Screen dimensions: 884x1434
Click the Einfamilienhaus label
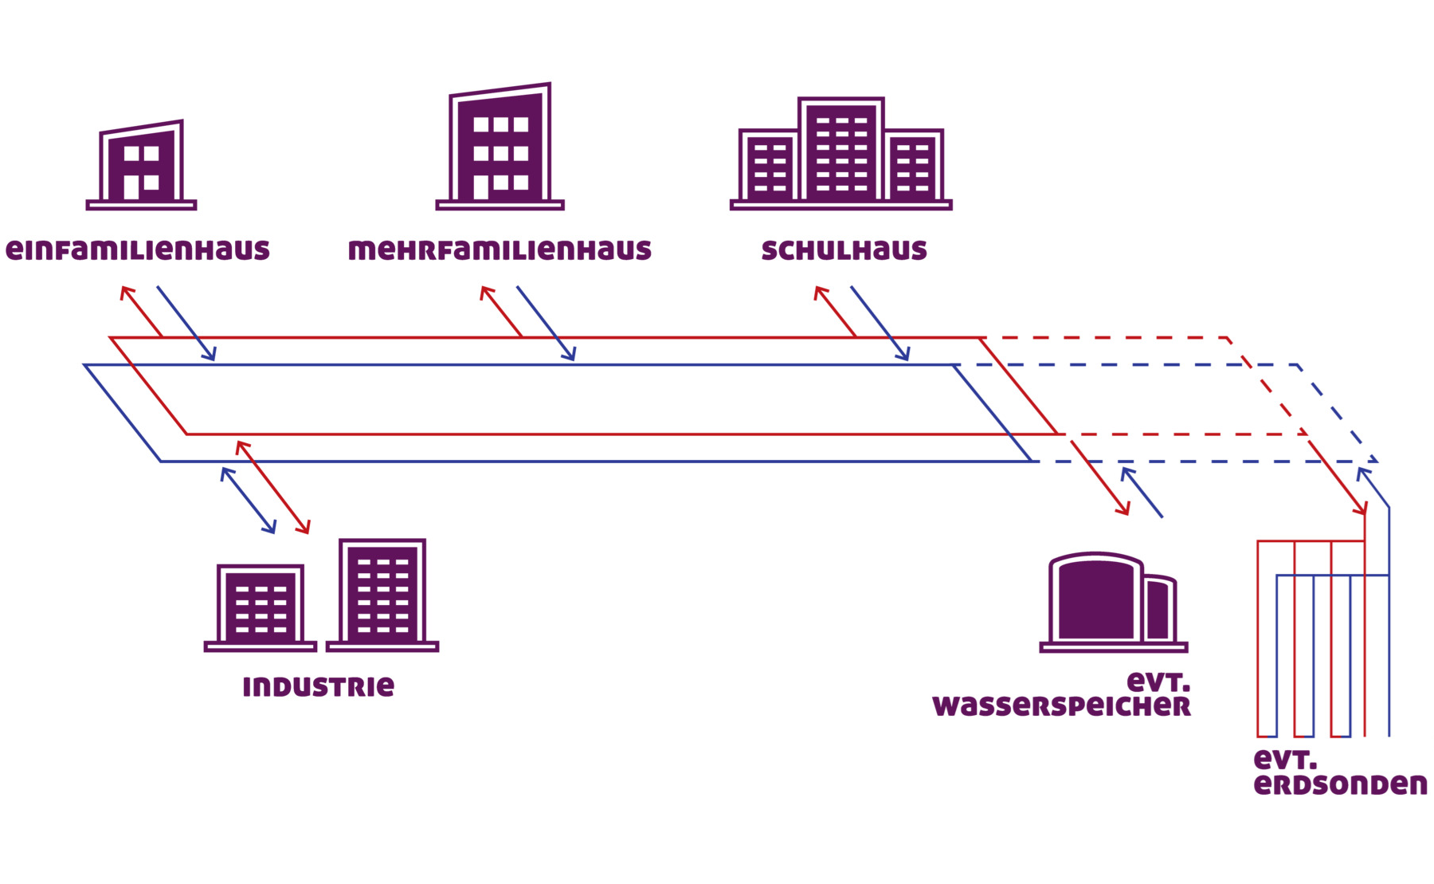click(x=138, y=250)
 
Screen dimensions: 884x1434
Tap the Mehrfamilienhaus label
click(x=500, y=250)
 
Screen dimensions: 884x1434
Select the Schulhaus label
click(x=844, y=250)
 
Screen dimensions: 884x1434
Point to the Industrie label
click(x=318, y=686)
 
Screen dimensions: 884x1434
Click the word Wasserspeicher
click(x=1061, y=706)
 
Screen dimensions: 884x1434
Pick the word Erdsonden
click(x=1340, y=784)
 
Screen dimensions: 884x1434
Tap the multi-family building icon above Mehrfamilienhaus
click(x=500, y=147)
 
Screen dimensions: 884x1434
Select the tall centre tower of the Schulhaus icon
click(x=841, y=151)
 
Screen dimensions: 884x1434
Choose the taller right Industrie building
click(x=383, y=594)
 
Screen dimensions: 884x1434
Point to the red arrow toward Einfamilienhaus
click(x=141, y=312)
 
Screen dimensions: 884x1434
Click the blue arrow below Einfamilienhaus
click(x=186, y=324)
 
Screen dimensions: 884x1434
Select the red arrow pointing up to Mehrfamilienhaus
click(x=501, y=312)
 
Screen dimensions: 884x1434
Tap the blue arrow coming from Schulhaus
click(x=880, y=324)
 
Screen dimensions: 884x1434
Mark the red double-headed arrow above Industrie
click(x=273, y=487)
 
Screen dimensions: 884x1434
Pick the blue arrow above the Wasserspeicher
click(x=1142, y=493)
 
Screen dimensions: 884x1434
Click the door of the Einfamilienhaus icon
click(x=131, y=187)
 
